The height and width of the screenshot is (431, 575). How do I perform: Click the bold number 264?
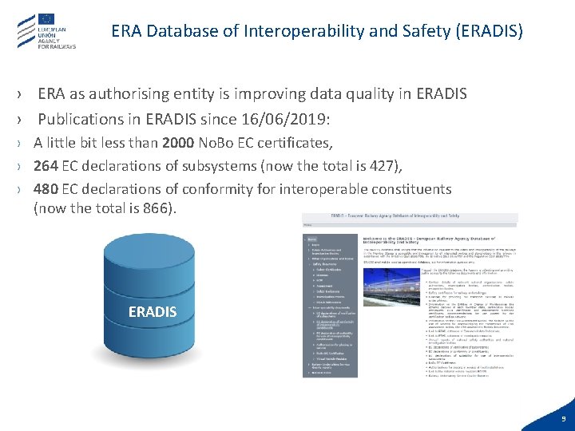45,166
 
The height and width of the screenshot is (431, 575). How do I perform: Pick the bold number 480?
46,189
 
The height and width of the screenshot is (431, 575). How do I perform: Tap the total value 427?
384,166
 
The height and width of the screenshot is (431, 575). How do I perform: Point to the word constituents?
414,189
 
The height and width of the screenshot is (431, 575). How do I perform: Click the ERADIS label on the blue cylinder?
153,311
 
